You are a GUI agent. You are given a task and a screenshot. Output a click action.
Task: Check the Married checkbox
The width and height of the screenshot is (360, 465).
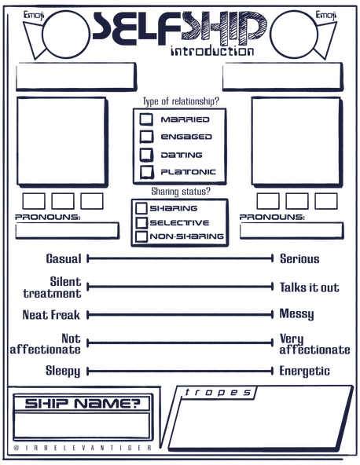(x=146, y=119)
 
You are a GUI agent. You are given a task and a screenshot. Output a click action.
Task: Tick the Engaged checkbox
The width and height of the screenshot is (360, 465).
(x=146, y=137)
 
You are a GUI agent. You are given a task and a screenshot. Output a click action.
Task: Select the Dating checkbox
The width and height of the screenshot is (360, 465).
(x=147, y=154)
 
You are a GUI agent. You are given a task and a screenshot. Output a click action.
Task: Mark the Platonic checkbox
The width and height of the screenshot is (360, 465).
(x=147, y=172)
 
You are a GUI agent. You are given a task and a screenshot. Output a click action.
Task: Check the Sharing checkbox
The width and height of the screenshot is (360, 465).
(x=141, y=208)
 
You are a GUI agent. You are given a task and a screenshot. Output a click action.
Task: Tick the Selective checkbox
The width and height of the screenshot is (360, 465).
(x=141, y=222)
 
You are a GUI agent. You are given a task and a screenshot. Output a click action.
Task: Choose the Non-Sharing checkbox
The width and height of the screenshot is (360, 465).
(x=141, y=236)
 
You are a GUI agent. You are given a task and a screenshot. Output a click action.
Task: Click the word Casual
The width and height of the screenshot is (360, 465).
(x=64, y=258)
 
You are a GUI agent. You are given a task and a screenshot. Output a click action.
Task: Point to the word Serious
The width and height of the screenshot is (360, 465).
(x=299, y=259)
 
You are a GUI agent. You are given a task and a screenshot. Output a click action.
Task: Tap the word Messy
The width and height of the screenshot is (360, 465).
(x=296, y=314)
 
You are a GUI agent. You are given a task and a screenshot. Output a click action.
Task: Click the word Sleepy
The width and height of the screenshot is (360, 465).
(x=63, y=372)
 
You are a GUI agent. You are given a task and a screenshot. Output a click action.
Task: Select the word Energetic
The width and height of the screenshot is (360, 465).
(x=304, y=372)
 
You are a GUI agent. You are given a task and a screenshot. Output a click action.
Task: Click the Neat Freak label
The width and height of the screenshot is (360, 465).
(x=51, y=315)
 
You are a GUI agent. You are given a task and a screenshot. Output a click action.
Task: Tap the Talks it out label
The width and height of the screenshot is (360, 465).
(x=309, y=287)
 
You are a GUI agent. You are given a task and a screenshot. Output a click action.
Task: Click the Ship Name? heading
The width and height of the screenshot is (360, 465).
(x=83, y=403)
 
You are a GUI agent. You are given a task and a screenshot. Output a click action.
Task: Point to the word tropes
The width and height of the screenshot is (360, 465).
(x=218, y=393)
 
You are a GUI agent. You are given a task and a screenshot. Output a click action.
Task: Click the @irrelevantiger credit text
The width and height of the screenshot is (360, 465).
(x=83, y=448)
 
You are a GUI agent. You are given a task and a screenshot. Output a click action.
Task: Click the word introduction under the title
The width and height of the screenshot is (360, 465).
(x=212, y=51)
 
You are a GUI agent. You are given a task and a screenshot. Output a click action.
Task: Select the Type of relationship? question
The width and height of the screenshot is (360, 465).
(x=181, y=101)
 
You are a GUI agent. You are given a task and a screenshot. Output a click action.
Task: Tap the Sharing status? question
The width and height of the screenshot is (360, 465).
(x=181, y=192)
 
